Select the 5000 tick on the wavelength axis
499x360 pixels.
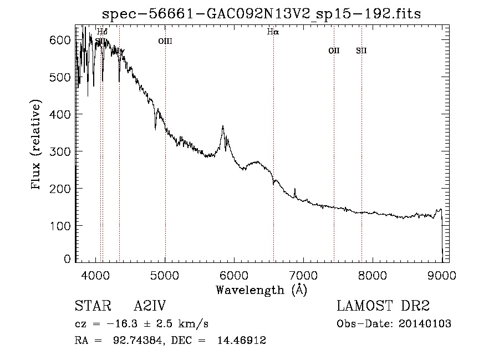point(165,275)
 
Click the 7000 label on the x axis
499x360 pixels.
point(303,275)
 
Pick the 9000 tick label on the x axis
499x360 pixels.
point(441,275)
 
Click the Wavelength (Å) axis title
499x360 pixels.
point(261,290)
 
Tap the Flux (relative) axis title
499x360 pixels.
point(37,146)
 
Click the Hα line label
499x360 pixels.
point(273,32)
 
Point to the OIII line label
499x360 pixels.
point(165,40)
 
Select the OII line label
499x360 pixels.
point(334,51)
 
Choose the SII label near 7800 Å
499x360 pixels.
point(361,51)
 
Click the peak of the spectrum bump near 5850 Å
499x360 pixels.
point(223,126)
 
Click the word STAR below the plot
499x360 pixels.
point(89,307)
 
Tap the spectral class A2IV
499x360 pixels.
point(150,307)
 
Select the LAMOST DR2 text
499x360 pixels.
point(383,307)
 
